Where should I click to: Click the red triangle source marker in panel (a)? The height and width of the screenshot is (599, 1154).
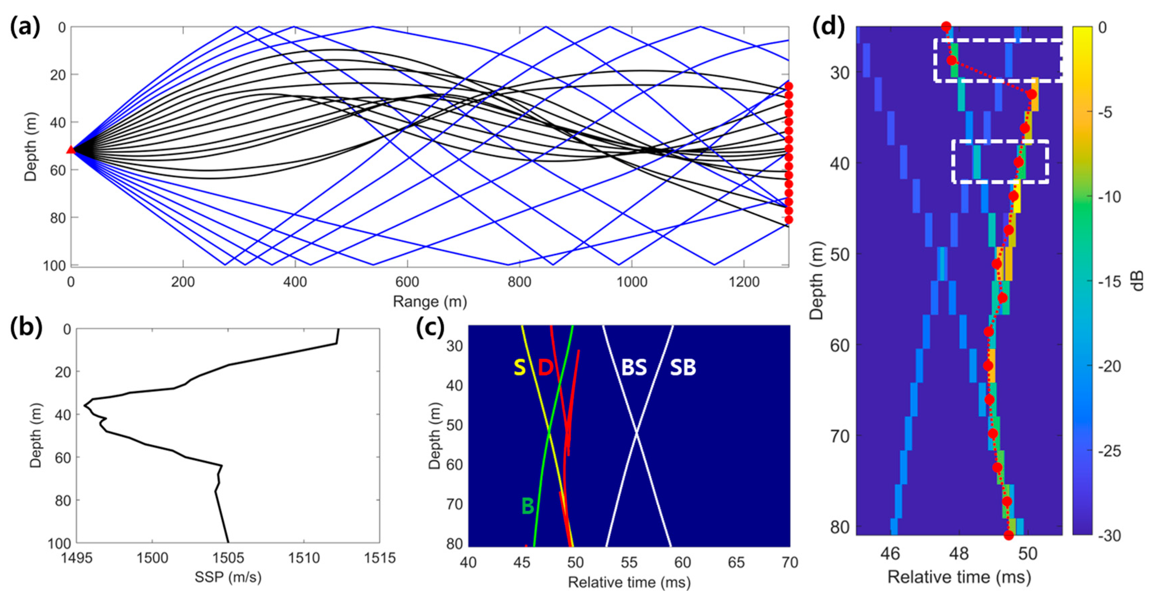pos(71,150)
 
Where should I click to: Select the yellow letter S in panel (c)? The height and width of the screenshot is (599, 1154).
pos(519,367)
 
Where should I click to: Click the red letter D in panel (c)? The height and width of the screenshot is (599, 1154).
pos(546,367)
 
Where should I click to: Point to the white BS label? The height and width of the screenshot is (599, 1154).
pos(634,367)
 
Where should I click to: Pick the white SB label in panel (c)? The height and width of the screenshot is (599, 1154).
pos(683,367)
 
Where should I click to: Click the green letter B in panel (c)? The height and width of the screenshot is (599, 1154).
pos(528,506)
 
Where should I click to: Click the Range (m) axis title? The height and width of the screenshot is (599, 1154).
pos(430,302)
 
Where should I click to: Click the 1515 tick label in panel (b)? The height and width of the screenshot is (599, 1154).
pos(379,558)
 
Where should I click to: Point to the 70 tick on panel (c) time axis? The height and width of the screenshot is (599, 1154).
pos(789,562)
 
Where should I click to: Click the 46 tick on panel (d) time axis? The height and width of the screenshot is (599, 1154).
pos(890,554)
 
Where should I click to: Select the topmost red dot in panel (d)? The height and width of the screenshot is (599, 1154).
pos(946,27)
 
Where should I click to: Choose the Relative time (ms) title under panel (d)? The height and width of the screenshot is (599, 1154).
pos(959,577)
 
